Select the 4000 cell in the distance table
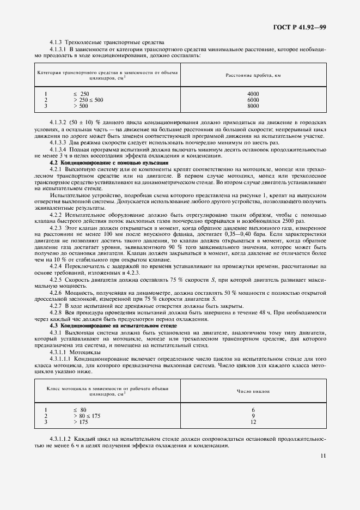point(253,94)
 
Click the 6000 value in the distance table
point(253,100)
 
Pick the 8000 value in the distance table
point(253,106)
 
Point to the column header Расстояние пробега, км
point(253,75)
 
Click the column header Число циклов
point(253,391)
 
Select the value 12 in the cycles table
point(253,422)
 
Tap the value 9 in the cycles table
point(253,416)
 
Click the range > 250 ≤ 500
point(88,100)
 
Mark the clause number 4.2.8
point(57,314)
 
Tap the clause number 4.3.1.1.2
point(63,439)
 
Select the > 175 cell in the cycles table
point(81,422)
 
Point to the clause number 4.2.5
point(57,279)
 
